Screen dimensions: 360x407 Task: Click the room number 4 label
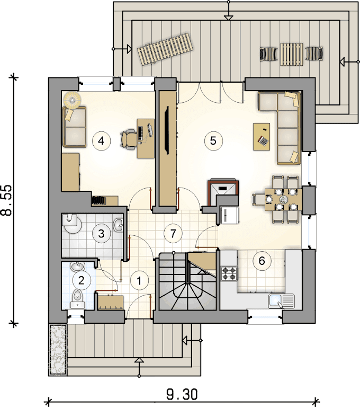tap(102, 141)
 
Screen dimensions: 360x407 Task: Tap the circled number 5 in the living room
tap(213, 140)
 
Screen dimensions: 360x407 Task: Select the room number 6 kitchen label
tap(262, 261)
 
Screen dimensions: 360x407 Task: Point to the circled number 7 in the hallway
tap(173, 234)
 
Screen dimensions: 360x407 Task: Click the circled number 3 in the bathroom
tap(102, 234)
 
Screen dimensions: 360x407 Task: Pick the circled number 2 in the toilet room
tap(82, 280)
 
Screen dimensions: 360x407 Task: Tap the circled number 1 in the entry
tap(139, 281)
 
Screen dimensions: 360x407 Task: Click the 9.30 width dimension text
tap(182, 394)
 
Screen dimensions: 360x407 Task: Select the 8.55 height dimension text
tap(7, 200)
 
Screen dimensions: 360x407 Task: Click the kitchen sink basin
tap(275, 301)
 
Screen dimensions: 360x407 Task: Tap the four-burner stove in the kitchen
tap(230, 273)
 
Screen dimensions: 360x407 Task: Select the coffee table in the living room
tap(262, 137)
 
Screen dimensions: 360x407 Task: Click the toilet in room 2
tap(77, 298)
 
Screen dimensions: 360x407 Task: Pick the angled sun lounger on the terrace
tap(166, 49)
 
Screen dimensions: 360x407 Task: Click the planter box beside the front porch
tap(58, 349)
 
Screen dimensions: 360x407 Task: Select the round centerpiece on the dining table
tap(283, 199)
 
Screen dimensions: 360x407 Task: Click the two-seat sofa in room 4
tap(74, 127)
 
